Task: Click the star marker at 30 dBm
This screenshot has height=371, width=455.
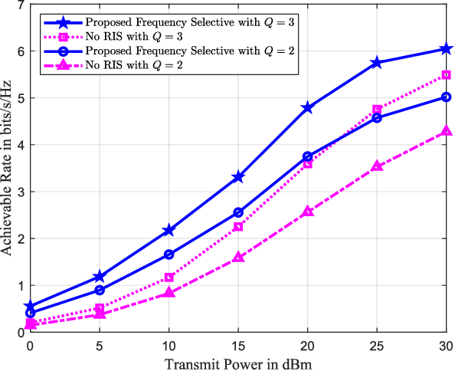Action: click(447, 48)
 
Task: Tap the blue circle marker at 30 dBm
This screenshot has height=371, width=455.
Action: click(447, 97)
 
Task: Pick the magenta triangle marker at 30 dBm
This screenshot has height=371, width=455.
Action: click(447, 132)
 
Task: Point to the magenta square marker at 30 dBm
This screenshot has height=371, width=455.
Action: click(447, 75)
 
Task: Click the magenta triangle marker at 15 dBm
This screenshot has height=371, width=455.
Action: click(238, 258)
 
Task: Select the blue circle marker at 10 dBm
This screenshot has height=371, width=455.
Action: click(169, 254)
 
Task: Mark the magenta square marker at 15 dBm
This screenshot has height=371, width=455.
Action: click(238, 226)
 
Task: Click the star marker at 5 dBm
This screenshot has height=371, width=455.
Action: click(99, 277)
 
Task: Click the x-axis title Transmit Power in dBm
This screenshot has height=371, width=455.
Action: click(237, 362)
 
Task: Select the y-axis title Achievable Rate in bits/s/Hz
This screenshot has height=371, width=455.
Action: click(8, 169)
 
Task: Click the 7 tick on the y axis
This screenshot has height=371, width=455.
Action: click(19, 5)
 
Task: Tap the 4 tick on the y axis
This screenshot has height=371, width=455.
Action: click(19, 145)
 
